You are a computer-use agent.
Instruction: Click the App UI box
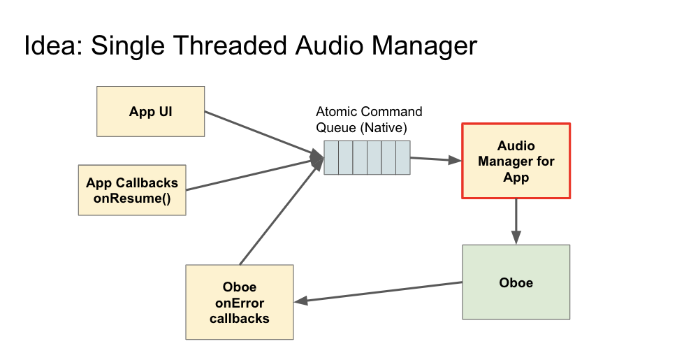(x=150, y=111)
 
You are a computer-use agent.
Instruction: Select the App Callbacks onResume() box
(x=132, y=190)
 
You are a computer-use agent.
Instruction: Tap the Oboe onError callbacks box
(x=239, y=302)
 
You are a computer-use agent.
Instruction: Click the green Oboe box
(x=516, y=282)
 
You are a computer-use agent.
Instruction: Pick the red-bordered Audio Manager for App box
(x=516, y=161)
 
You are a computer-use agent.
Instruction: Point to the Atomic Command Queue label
(x=369, y=120)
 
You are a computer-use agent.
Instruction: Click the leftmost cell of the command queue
(x=331, y=157)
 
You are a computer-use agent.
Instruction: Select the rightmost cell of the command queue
(x=403, y=157)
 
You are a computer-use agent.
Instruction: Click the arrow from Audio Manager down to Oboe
(x=516, y=221)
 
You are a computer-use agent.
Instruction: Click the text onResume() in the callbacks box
(x=132, y=198)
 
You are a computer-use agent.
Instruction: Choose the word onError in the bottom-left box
(x=239, y=303)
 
